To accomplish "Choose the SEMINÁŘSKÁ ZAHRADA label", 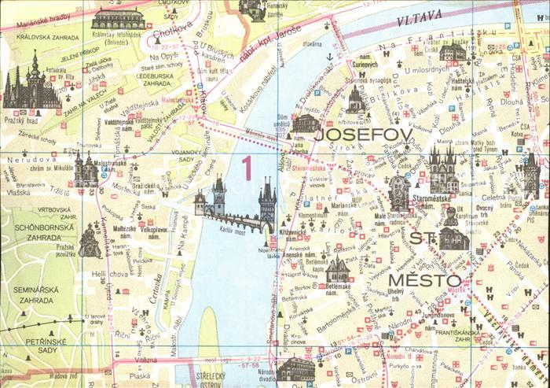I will pyautogui.click(x=35, y=294).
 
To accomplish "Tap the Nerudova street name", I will pyautogui.click(x=21, y=158).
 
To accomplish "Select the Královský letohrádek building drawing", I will pyautogui.click(x=118, y=20).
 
